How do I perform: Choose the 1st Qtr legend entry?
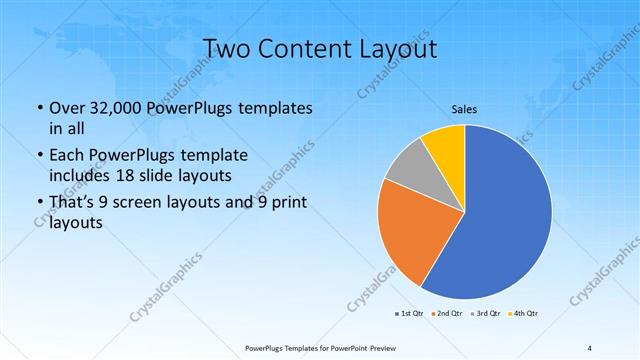coord(409,314)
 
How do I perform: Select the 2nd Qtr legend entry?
coord(446,314)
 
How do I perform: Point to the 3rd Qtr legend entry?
coord(486,314)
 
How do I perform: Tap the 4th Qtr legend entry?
coord(524,314)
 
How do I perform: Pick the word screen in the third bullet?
coord(144,205)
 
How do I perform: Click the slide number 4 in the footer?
coord(589,347)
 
